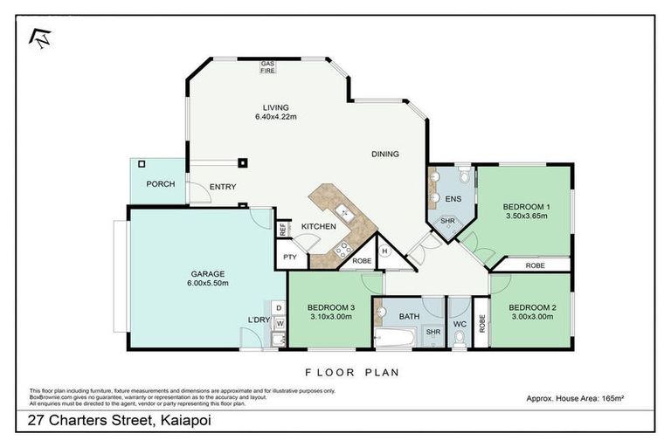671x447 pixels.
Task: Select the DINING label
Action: point(384,155)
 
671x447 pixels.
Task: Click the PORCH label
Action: point(160,184)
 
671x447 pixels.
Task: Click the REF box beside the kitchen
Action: point(282,230)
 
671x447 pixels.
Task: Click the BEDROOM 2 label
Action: point(530,311)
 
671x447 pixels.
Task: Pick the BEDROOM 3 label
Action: point(329,312)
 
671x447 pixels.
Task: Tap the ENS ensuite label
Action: point(453,200)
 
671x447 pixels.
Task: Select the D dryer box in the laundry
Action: point(278,307)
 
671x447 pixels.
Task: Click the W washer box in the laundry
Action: point(279,324)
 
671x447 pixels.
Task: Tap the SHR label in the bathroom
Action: point(432,333)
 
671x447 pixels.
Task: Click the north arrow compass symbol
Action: point(40,36)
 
